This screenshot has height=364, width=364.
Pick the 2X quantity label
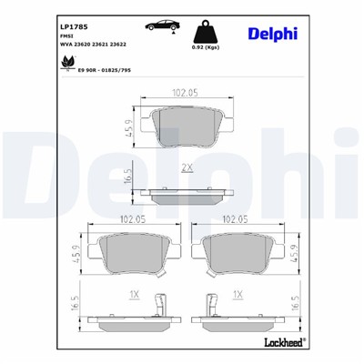(x=187, y=168)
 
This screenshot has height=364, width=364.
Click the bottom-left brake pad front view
(x=134, y=252)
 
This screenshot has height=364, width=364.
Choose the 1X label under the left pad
(x=134, y=295)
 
